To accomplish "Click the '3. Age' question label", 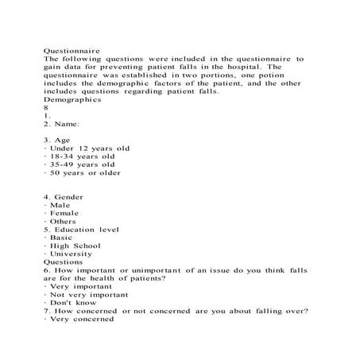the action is pyautogui.click(x=59, y=140).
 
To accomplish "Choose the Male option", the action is pyautogui.click(x=58, y=205).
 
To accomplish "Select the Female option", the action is pyautogui.click(x=62, y=214).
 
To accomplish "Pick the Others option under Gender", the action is pyautogui.click(x=61, y=222).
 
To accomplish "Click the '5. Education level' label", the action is pyautogui.click(x=81, y=230).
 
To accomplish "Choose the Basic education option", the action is pyautogui.click(x=60, y=238).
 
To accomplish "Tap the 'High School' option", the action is pyautogui.click(x=73, y=246).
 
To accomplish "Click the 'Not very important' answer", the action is pyautogui.click(x=87, y=295).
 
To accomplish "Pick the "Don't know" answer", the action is pyautogui.click(x=71, y=303).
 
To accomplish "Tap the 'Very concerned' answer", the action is pyautogui.click(x=79, y=319).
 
